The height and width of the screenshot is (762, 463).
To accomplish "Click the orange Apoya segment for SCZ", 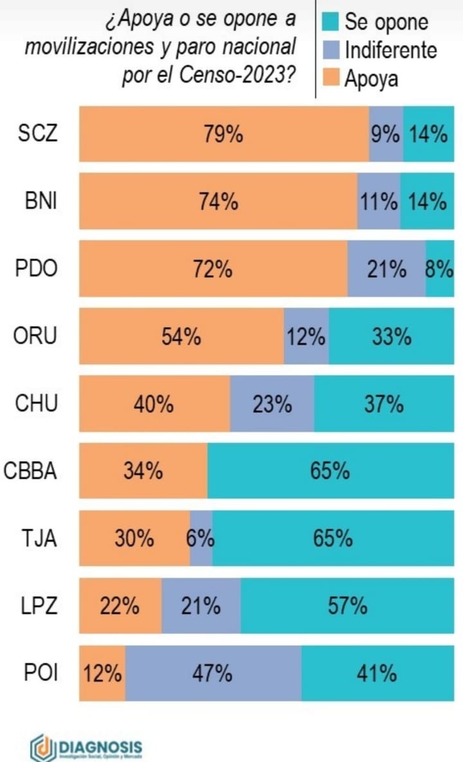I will click(224, 134).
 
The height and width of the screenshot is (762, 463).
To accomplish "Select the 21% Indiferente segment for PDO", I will click(386, 269).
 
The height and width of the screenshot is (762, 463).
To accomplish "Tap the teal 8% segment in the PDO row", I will click(440, 269).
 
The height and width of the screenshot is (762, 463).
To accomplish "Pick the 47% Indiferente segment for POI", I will click(213, 673).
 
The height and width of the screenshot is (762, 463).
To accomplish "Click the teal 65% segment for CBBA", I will click(330, 470).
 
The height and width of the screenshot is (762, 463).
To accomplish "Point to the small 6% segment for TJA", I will click(201, 538).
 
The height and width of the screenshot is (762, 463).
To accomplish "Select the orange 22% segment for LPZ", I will click(120, 605).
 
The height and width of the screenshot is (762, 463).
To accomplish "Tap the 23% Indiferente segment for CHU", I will click(272, 403).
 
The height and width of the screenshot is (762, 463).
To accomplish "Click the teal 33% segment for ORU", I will click(391, 336).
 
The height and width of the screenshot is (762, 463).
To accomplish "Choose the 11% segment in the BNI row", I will click(379, 201).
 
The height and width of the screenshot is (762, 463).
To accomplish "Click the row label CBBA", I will click(31, 471).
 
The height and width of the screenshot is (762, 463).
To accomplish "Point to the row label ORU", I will click(36, 336).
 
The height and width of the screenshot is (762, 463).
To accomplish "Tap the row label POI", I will click(41, 673).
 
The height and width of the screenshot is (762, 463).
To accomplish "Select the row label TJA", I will click(38, 538).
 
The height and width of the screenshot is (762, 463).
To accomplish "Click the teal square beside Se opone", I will click(331, 21).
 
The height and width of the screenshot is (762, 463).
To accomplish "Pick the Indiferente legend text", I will click(390, 50).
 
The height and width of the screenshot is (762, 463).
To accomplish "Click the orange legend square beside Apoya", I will click(331, 78).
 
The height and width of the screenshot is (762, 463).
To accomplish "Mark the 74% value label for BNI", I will click(219, 201).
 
